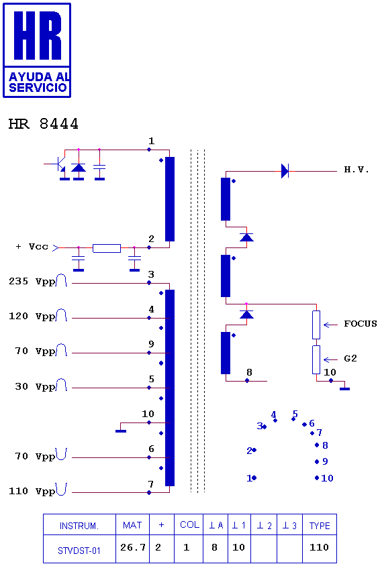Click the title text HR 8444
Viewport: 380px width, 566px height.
pos(44,124)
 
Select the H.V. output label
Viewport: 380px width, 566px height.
pos(356,170)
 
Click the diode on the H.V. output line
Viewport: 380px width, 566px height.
pos(285,171)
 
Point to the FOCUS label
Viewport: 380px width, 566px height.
pos(360,323)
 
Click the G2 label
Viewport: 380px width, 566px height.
pos(350,358)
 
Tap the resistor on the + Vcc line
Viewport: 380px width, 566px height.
pos(107,248)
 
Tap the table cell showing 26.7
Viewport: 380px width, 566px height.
pos(132,548)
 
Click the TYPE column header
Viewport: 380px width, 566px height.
pos(320,526)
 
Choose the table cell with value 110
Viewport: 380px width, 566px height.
pos(320,548)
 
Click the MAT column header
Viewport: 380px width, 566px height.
pos(132,525)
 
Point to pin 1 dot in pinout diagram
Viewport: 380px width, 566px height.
pos(254,478)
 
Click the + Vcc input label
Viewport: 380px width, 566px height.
pos(32,247)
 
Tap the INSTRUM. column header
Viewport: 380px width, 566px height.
pos(79,526)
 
